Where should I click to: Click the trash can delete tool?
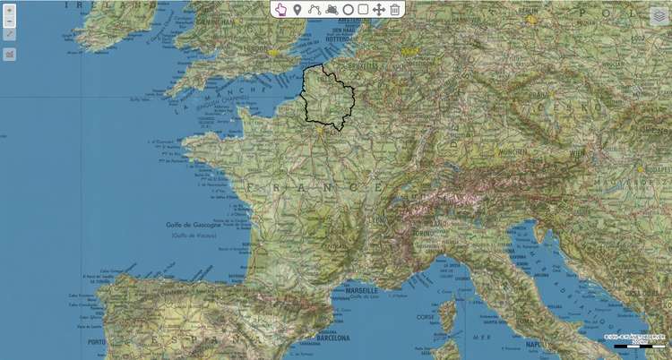[x=395, y=9]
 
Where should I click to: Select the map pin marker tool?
[x=297, y=9]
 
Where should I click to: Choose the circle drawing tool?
[x=348, y=9]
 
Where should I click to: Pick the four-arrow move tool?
[x=378, y=9]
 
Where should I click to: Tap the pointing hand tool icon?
[x=280, y=9]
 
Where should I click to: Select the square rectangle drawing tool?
[x=363, y=9]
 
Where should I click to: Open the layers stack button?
[x=659, y=16]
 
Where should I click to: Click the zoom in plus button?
[x=9, y=11]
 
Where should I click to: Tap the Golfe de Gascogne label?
[x=192, y=225]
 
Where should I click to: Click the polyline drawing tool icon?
[x=314, y=9]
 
